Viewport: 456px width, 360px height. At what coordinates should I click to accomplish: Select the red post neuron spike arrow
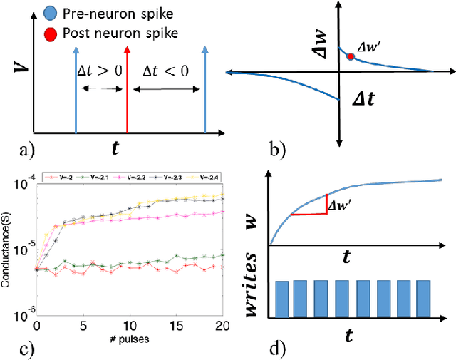[x=127, y=86]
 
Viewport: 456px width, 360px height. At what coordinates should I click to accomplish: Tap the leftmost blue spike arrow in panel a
[x=75, y=86]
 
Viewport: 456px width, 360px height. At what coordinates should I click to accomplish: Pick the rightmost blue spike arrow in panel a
[x=204, y=86]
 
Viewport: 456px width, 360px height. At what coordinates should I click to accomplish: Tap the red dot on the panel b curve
[x=350, y=56]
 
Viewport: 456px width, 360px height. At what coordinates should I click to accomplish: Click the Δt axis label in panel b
[x=363, y=103]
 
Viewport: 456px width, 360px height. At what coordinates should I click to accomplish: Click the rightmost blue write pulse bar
[x=423, y=299]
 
